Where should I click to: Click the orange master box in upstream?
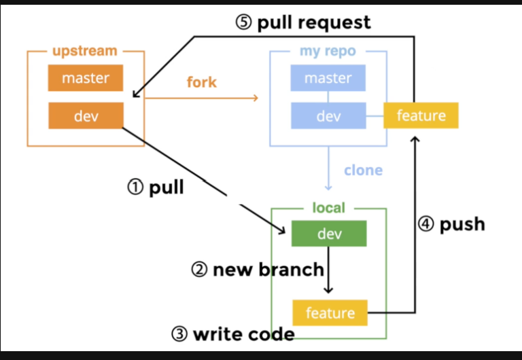click(86, 78)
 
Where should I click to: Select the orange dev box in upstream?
click(86, 116)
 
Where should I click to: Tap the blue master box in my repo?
click(328, 78)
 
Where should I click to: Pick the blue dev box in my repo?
click(328, 116)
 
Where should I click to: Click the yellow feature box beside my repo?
click(421, 115)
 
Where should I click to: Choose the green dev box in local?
click(329, 234)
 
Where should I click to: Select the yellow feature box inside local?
click(330, 312)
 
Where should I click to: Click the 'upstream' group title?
click(85, 51)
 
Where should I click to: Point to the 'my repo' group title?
click(328, 51)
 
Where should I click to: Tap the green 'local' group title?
click(329, 208)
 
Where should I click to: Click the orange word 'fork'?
click(201, 82)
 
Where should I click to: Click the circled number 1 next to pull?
click(135, 187)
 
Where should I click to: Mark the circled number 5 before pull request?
click(244, 22)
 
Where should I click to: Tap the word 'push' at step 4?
click(462, 224)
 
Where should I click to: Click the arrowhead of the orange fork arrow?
click(256, 98)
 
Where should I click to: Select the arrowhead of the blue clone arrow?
click(329, 187)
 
